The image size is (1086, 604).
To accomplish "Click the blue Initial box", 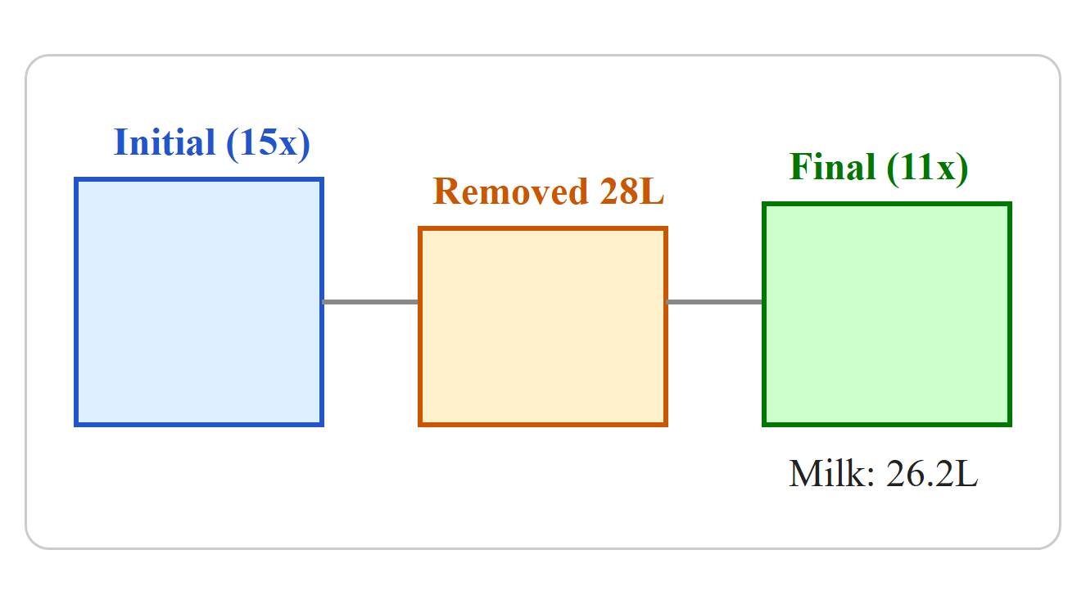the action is coord(199,302).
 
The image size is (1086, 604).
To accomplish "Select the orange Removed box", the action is coord(542,326).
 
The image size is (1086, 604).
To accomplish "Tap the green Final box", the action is coord(887,313).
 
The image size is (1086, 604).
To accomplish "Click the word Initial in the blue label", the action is coord(164,142).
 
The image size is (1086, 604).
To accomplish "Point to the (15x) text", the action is coord(268,143).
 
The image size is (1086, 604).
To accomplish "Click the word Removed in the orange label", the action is coord(510,192).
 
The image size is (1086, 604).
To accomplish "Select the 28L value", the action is coord(631,192).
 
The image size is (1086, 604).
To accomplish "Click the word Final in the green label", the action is coord(832,167).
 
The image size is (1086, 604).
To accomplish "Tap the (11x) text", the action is coord(927,168).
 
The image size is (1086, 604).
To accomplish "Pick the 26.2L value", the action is coord(932,473).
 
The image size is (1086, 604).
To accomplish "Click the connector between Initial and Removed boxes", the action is coord(371,302).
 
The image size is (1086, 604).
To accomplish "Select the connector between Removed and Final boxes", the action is coord(715,302).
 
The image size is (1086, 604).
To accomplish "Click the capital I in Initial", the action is coord(120,142).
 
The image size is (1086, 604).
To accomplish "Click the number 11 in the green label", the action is coord(913,167).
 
